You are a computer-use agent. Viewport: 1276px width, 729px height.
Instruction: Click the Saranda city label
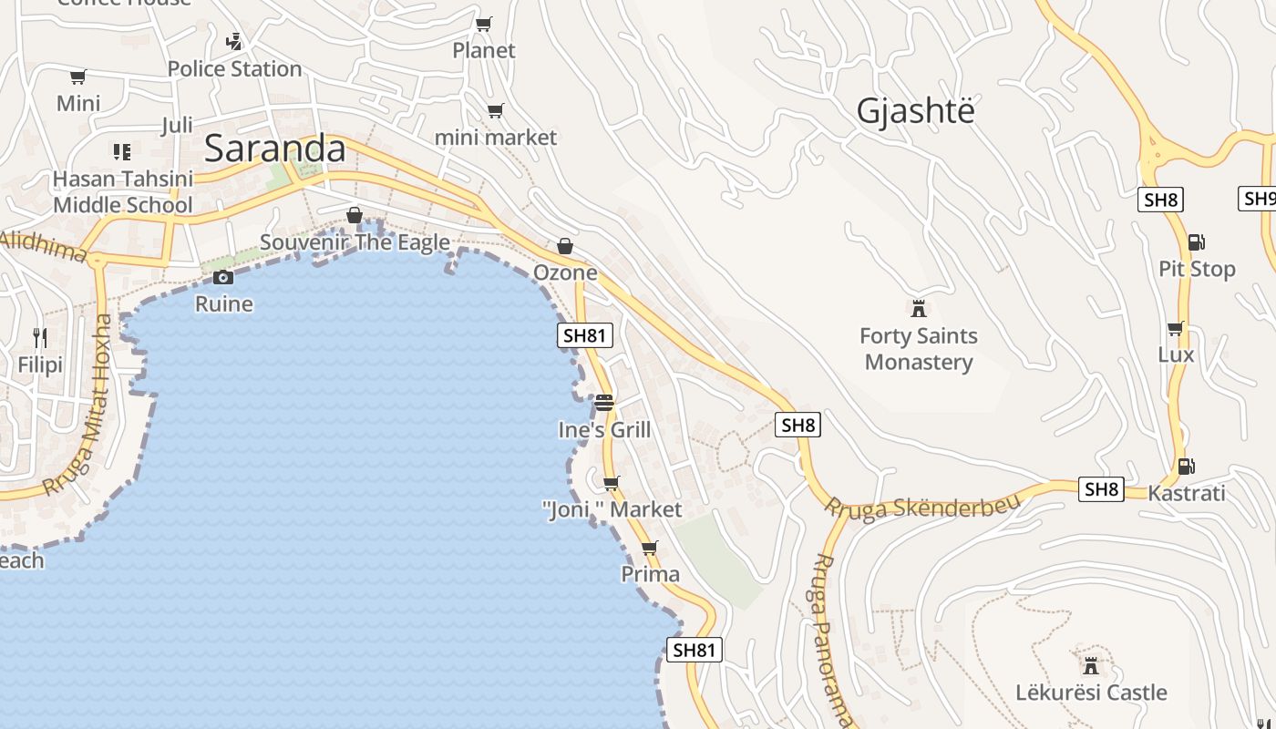(x=274, y=149)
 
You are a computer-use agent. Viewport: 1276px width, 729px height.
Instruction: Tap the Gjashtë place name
(x=915, y=111)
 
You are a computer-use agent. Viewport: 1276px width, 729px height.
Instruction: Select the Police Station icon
(x=234, y=42)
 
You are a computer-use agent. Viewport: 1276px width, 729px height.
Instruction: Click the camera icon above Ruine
(x=223, y=277)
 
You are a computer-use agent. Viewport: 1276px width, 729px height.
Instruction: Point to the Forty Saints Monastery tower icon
(x=919, y=309)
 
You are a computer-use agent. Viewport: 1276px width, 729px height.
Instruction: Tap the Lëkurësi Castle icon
(x=1090, y=665)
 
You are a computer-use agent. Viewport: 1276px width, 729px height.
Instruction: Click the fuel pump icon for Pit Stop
(x=1196, y=242)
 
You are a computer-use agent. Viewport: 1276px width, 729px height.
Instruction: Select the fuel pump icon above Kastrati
(x=1186, y=467)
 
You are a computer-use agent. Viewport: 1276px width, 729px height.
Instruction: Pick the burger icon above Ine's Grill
(x=604, y=403)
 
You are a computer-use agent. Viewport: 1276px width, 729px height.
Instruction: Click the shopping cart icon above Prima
(x=650, y=549)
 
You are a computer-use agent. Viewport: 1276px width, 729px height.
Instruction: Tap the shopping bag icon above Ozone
(x=565, y=246)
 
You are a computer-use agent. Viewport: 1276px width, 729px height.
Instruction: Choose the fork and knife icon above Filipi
(x=40, y=338)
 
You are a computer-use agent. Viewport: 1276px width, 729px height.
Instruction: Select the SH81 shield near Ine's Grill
(x=584, y=335)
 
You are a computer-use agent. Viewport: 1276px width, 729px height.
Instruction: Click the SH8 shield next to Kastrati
(x=1100, y=489)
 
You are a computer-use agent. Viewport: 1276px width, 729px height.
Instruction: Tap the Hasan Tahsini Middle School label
(x=123, y=191)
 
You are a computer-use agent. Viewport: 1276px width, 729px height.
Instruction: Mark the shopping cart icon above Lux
(x=1176, y=328)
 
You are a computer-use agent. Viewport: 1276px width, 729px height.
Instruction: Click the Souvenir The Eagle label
(x=355, y=242)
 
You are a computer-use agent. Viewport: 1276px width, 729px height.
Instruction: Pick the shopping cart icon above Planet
(x=484, y=24)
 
